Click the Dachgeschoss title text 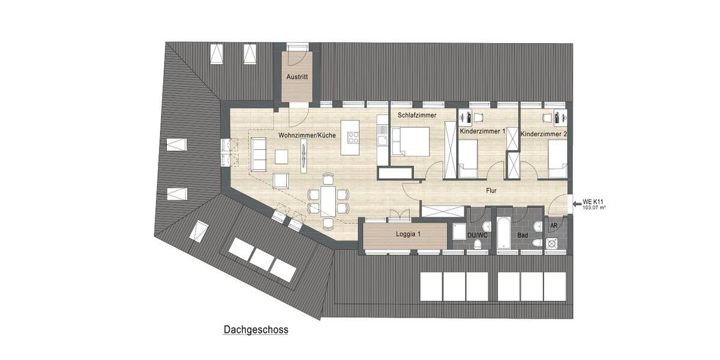coord(256,329)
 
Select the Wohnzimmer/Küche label coord(306,136)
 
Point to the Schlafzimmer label coord(417,115)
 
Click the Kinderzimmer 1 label coord(482,131)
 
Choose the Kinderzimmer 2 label coord(544,134)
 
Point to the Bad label coord(522,236)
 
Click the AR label coord(553,226)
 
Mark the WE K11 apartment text coord(593,202)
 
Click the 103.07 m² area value coord(593,208)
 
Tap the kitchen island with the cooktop coord(350,137)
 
